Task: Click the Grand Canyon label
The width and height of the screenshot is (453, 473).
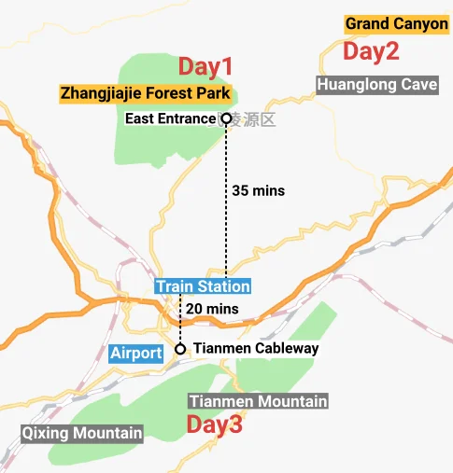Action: (397, 24)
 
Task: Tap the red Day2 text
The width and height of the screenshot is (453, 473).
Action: (371, 51)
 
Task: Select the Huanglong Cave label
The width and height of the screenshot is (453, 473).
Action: (376, 85)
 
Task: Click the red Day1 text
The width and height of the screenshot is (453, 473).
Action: (205, 66)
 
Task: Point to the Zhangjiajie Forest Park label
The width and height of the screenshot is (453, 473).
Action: (146, 93)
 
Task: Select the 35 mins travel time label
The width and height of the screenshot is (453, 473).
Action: (257, 190)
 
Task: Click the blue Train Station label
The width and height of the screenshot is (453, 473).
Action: (203, 286)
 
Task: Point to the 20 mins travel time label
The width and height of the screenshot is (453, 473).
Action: (212, 309)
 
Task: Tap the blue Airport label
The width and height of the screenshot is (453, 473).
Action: (135, 354)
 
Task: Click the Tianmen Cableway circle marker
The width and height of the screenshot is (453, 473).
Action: (180, 349)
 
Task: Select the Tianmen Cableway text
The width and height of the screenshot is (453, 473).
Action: (256, 349)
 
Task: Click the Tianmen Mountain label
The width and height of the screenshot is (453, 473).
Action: (258, 401)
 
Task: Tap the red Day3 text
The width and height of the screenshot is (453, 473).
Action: (214, 425)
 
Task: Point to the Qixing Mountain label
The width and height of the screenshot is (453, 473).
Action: (83, 433)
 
